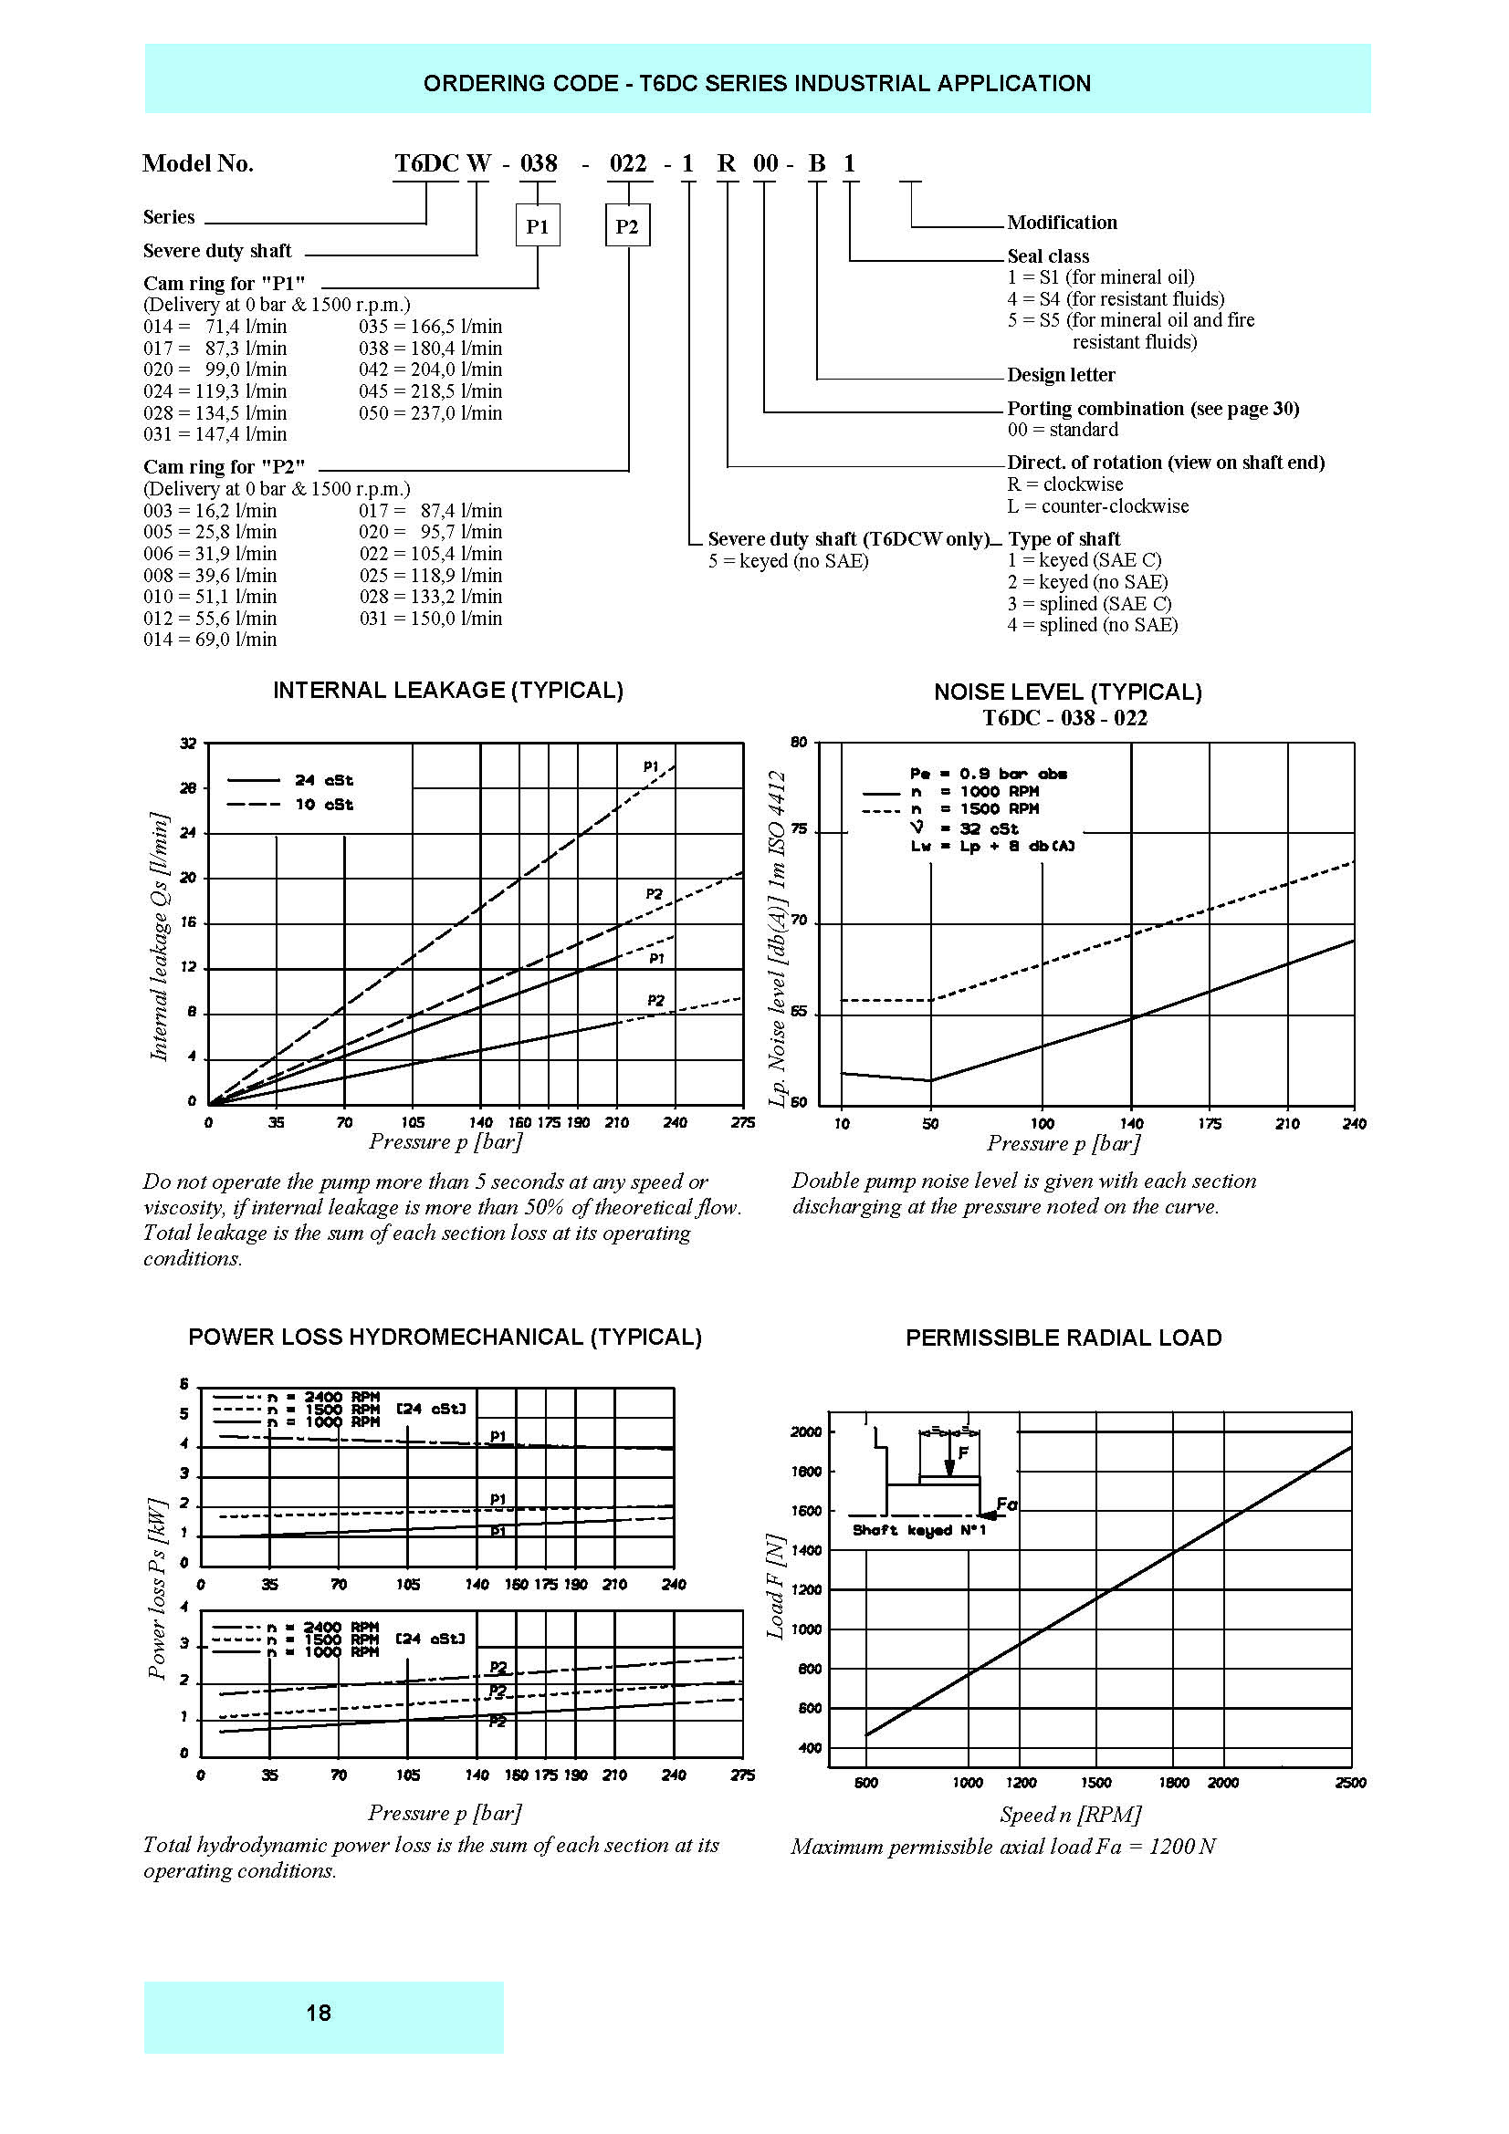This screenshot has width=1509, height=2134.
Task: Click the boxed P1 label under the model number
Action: click(x=538, y=226)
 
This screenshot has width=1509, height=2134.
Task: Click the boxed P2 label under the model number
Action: click(x=627, y=226)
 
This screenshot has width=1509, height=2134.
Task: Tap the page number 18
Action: click(x=319, y=2013)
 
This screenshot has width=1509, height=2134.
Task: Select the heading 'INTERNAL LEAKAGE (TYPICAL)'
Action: click(x=448, y=690)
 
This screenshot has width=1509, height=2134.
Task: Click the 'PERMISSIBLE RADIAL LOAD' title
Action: click(x=1064, y=1338)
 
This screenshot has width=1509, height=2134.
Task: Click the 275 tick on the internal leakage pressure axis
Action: click(x=742, y=1123)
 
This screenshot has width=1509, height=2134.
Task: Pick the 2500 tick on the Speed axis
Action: click(x=1350, y=1782)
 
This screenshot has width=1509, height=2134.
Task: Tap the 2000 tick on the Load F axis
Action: click(x=806, y=1431)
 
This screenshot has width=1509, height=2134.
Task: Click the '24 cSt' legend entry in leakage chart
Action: click(x=323, y=780)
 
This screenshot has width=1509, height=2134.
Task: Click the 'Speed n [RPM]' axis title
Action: click(x=1070, y=1814)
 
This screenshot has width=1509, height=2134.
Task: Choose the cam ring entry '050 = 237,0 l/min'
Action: click(x=431, y=412)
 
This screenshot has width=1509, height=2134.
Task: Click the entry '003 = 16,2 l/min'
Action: click(x=210, y=510)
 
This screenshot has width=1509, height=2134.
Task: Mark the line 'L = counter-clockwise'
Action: click(x=1098, y=505)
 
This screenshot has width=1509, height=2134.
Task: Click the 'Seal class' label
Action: click(x=1048, y=255)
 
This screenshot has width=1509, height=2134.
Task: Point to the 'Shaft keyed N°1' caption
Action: click(x=918, y=1530)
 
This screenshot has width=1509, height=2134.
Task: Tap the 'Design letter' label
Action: click(x=1061, y=375)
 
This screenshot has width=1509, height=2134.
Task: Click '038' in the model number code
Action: click(x=539, y=163)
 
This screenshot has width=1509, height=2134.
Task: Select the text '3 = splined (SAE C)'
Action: click(x=1090, y=603)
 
